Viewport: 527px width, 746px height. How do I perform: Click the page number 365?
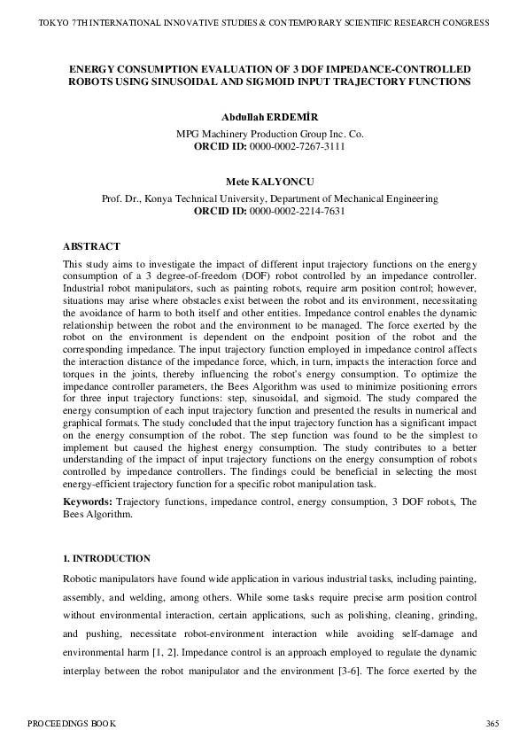tap(492, 724)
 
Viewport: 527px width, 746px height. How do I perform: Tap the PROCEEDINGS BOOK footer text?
tap(70, 724)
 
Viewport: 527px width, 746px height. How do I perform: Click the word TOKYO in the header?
tap(54, 22)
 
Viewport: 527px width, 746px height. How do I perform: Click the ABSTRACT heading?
tap(91, 246)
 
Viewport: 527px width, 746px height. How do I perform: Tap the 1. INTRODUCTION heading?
tap(106, 559)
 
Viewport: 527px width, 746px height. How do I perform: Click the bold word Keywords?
tap(87, 502)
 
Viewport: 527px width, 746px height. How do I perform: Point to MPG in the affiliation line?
tap(189, 134)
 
